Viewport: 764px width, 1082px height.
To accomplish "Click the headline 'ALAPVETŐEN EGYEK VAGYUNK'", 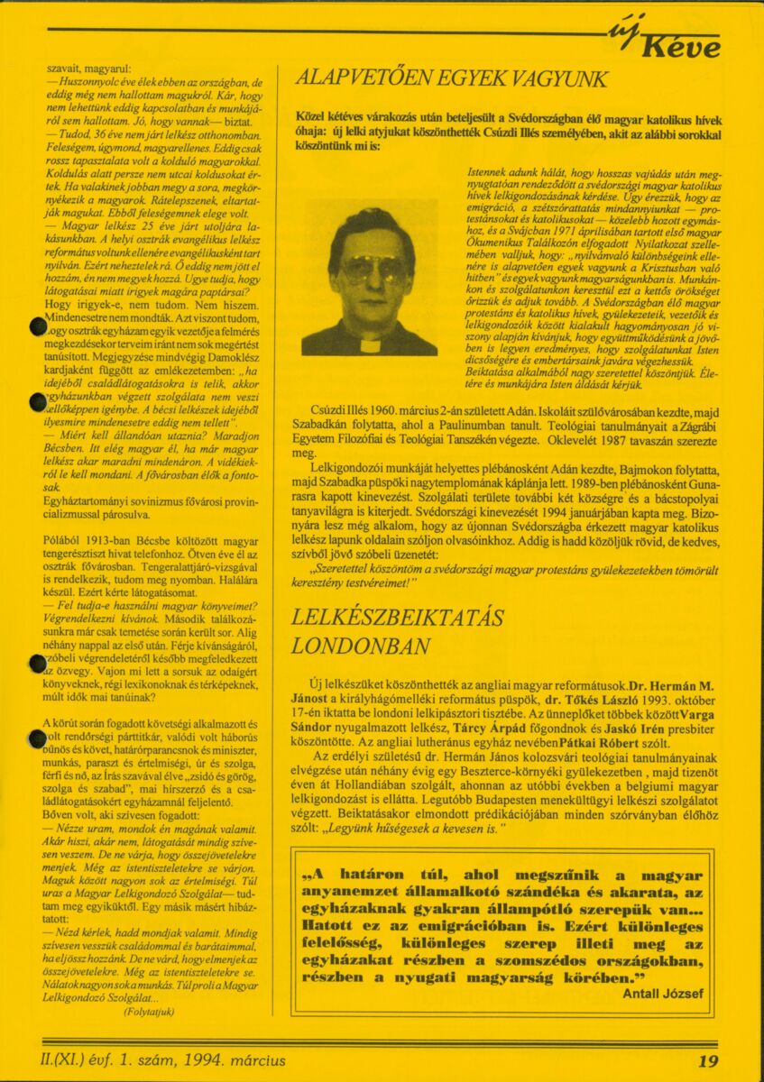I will coord(452,79).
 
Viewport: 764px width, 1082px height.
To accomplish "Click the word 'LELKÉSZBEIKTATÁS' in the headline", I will coord(398,617).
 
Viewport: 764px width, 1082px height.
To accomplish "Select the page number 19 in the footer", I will coord(708,1061).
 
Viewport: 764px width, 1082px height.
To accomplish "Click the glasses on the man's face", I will coord(372,268).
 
